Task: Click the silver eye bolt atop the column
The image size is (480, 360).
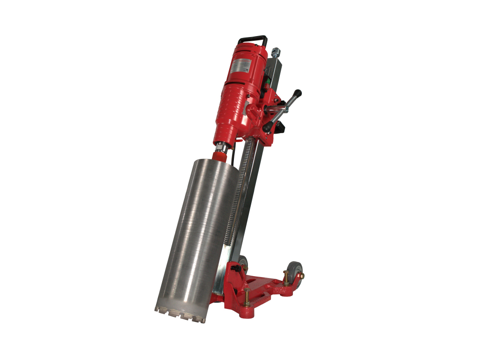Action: tap(276, 50)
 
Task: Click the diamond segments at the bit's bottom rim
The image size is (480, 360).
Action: tap(180, 314)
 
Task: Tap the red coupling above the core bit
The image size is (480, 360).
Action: tap(220, 157)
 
